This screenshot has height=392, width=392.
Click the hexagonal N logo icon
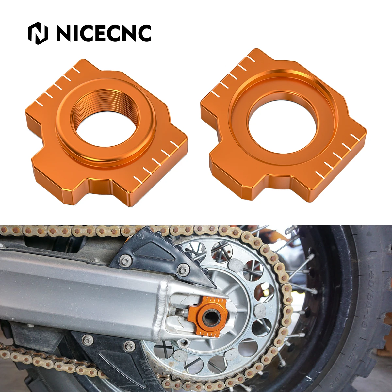coord(38,33)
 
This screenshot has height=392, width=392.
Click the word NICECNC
coord(104,33)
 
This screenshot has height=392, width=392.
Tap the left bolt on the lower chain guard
coord(87,340)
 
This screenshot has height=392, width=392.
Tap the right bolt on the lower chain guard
coord(130,345)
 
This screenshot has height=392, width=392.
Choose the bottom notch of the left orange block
coord(100,186)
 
